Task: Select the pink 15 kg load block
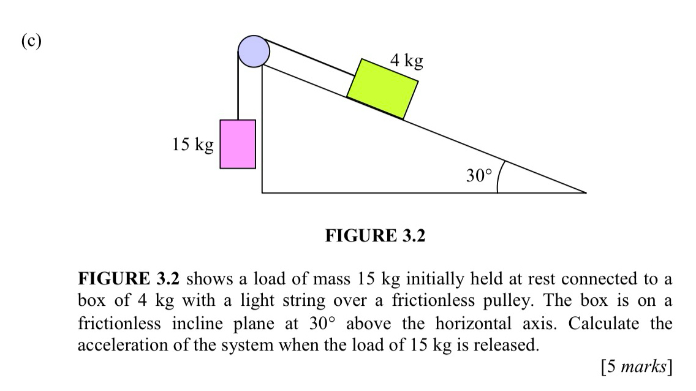[x=238, y=144]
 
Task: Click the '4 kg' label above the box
[x=406, y=61]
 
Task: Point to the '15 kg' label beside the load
[x=193, y=145]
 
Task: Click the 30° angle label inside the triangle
[x=478, y=176]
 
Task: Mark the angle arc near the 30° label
[x=499, y=176]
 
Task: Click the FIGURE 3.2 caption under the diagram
[x=375, y=235]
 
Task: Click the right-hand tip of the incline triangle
[x=585, y=192]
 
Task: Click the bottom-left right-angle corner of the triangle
[x=262, y=192]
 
